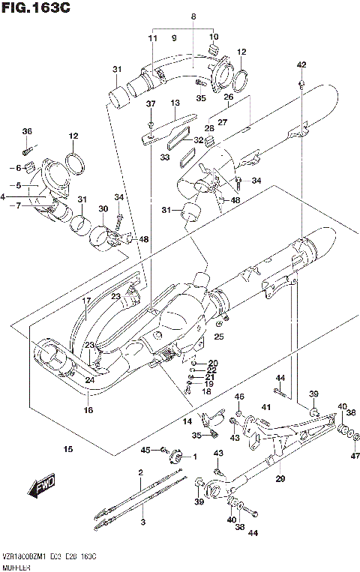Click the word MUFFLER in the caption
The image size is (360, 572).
coord(16,566)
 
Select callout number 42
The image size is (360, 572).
coord(301,64)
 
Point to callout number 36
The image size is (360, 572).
coord(27,132)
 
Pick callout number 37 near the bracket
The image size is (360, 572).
coord(150,103)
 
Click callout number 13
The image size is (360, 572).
coord(175,103)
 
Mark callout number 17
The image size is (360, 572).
coord(86,301)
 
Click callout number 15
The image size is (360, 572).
coord(68,450)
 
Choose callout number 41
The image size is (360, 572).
coord(265,407)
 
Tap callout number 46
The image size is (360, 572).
coord(240,396)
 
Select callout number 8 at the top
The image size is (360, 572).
coord(193,16)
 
